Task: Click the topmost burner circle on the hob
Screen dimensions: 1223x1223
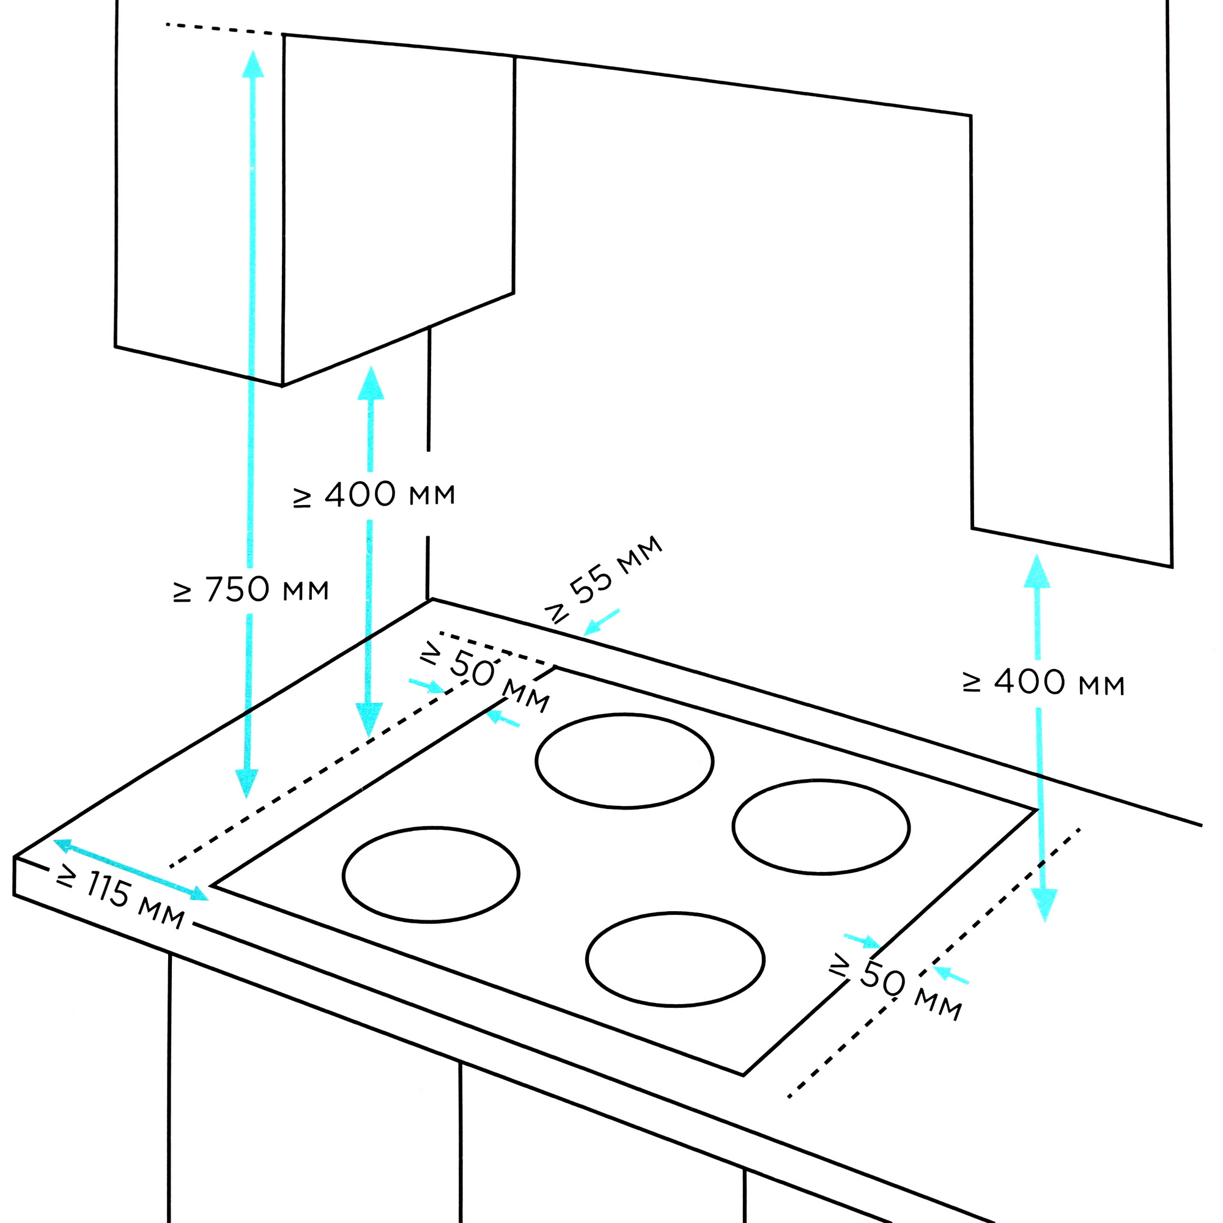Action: click(x=624, y=761)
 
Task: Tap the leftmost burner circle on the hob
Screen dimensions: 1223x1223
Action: click(x=431, y=874)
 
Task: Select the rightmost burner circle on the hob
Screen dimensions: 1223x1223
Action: click(x=821, y=827)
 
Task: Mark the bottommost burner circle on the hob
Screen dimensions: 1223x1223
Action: click(x=675, y=959)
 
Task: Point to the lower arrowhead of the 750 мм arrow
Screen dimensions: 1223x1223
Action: click(x=246, y=783)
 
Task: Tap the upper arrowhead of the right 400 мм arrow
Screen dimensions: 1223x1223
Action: click(x=1037, y=571)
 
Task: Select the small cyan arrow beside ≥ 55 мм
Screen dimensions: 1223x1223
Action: click(x=600, y=623)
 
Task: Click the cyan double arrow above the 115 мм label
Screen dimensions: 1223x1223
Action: click(x=130, y=870)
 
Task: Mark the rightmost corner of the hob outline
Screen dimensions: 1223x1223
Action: click(x=1036, y=810)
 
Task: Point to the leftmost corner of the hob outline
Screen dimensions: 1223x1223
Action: click(x=213, y=885)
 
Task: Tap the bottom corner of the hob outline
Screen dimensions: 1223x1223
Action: click(x=743, y=1075)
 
